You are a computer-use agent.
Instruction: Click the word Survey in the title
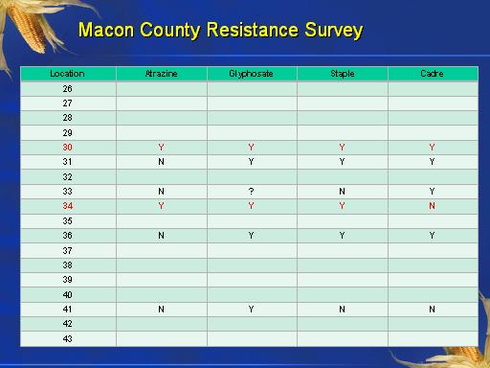(334, 32)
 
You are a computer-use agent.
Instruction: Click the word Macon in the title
(106, 30)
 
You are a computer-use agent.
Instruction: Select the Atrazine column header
(161, 74)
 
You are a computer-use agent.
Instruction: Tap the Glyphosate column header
(251, 74)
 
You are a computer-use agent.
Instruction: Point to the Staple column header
(343, 74)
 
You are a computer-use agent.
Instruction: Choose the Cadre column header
(432, 74)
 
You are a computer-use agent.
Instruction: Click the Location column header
(67, 74)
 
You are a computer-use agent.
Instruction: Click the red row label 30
(67, 148)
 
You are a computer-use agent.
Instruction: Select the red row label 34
(67, 206)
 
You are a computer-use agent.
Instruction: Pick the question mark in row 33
(251, 192)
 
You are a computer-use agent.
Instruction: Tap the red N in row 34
(432, 206)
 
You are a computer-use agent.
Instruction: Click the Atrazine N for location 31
(161, 162)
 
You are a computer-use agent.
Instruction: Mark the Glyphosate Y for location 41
(251, 310)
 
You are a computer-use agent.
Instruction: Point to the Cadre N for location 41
(432, 310)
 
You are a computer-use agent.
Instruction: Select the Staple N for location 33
(342, 192)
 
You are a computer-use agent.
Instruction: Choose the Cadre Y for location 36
(432, 236)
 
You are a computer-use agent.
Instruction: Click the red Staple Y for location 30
(342, 148)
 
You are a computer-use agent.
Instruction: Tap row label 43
(67, 339)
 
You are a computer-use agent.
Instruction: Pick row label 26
(67, 89)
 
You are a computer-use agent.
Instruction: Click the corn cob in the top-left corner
(27, 27)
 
